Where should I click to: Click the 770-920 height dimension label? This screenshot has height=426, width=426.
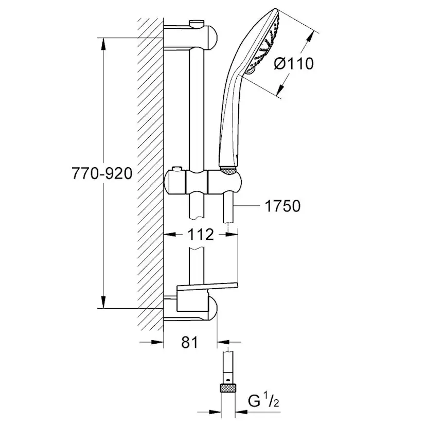tap(101, 174)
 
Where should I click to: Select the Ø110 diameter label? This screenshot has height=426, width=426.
tap(293, 64)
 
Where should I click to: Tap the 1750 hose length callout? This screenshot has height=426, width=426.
tap(282, 206)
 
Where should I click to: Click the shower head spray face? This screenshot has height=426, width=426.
tap(268, 44)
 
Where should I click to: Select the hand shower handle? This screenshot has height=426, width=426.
tap(231, 118)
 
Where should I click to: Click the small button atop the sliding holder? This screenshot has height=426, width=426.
tap(177, 169)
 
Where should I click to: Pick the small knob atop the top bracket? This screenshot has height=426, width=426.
tap(196, 23)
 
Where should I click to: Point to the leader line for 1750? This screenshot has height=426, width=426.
tap(247, 206)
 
